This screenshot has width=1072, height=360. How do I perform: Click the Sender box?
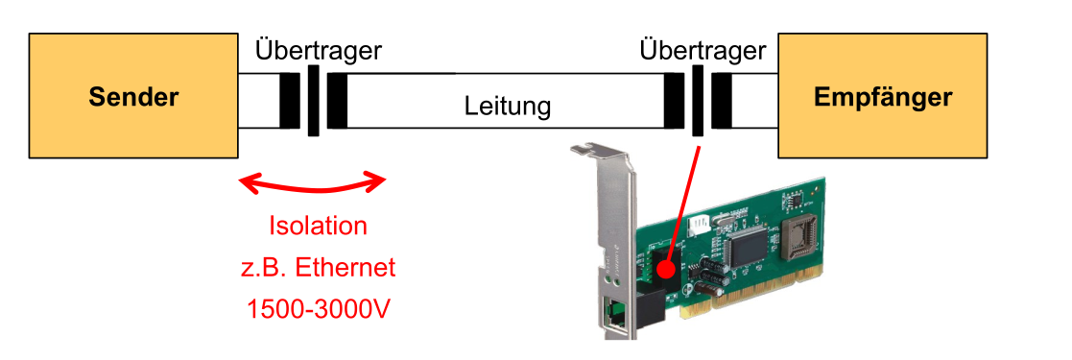(133, 97)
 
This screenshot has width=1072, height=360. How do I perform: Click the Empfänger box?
(882, 97)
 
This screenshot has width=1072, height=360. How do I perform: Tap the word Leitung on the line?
(508, 106)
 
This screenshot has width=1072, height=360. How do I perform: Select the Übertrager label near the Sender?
(318, 50)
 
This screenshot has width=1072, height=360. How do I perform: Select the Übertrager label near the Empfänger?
(703, 50)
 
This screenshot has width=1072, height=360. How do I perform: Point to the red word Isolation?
(317, 227)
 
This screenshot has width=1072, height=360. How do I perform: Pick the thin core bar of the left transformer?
(313, 101)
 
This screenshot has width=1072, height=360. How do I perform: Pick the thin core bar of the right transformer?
(698, 101)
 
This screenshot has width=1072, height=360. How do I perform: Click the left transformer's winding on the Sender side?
(289, 101)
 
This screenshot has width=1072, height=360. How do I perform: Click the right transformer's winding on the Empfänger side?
(722, 101)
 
